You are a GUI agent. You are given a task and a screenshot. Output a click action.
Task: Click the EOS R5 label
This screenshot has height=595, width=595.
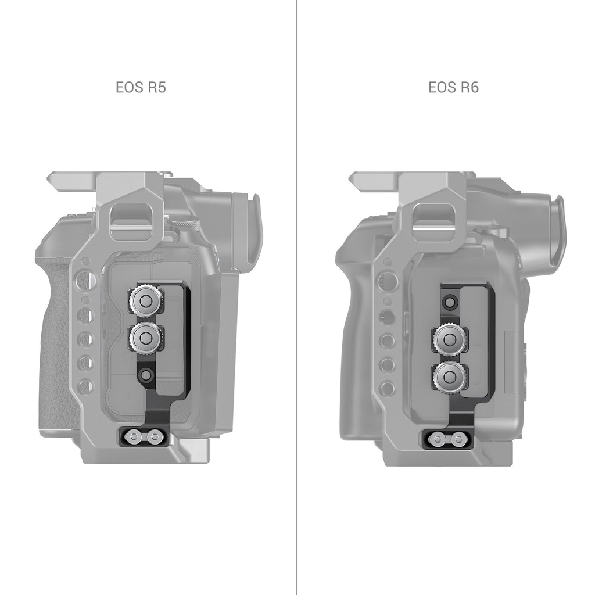tap(141, 87)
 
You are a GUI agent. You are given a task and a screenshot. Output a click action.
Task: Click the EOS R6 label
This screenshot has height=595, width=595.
tap(453, 87)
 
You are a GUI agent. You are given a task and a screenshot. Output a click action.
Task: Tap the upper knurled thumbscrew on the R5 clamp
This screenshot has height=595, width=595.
tap(146, 302)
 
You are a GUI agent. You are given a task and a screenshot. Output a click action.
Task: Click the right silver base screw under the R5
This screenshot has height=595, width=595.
tap(154, 438)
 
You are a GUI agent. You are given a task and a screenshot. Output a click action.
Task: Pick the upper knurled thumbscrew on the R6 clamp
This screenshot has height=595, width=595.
tap(450, 338)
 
